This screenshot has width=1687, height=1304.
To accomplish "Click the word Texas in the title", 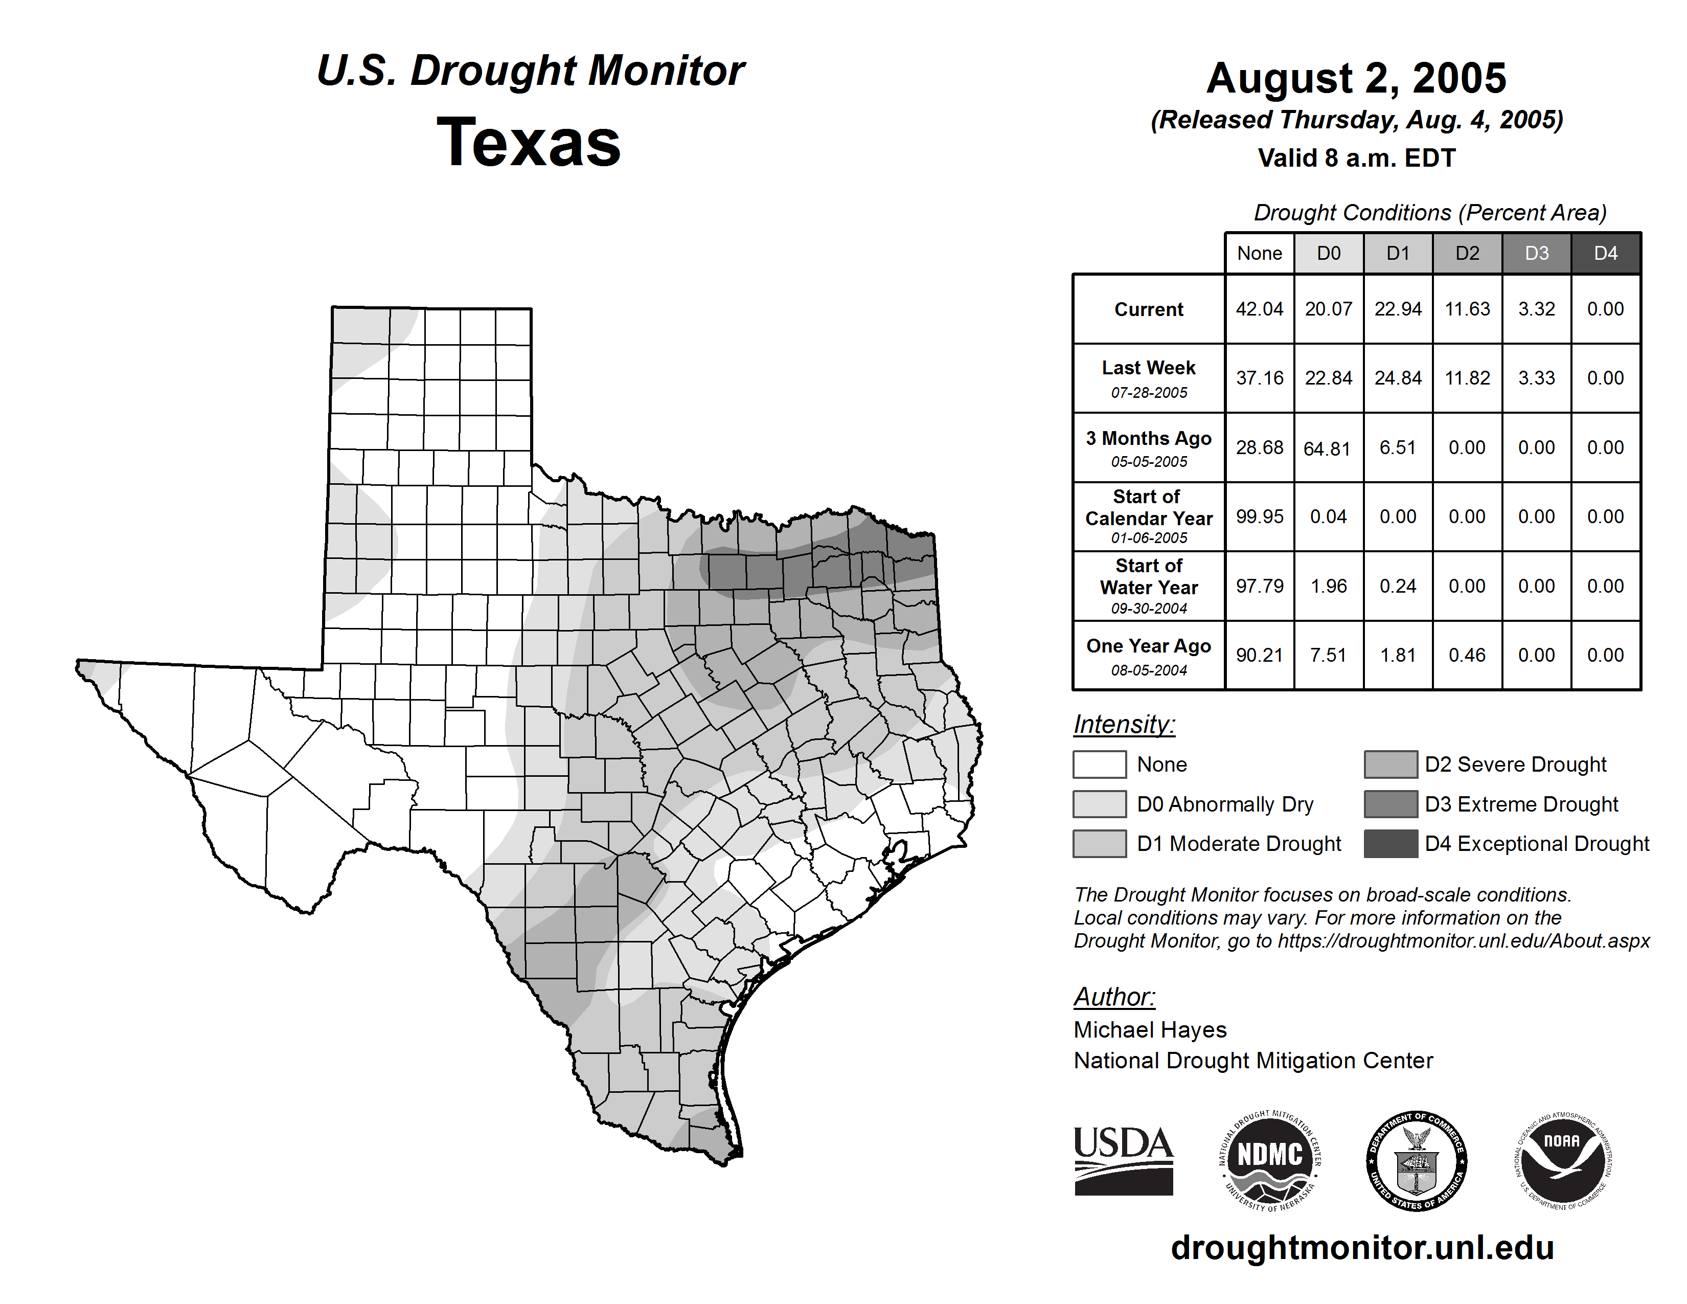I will pyautogui.click(x=529, y=142).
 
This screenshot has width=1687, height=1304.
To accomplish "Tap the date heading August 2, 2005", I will pyautogui.click(x=1356, y=78).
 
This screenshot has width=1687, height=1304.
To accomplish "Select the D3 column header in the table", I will pyautogui.click(x=1536, y=253).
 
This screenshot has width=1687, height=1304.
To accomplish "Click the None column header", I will pyautogui.click(x=1259, y=253).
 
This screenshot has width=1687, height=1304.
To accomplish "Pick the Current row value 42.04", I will pyautogui.click(x=1259, y=309).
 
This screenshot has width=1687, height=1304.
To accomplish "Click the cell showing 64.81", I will pyautogui.click(x=1328, y=448).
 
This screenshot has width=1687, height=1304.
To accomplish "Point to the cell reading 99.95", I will pyautogui.click(x=1259, y=517).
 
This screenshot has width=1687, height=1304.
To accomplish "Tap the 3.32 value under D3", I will pyautogui.click(x=1536, y=309).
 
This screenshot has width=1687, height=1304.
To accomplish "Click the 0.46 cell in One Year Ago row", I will pyautogui.click(x=1467, y=655).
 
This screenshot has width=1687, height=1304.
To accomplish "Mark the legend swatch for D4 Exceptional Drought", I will pyautogui.click(x=1390, y=844).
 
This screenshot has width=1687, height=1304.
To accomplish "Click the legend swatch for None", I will pyautogui.click(x=1099, y=764).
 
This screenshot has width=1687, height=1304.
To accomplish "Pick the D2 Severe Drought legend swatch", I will pyautogui.click(x=1390, y=764).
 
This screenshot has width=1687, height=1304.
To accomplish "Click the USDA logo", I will pyautogui.click(x=1123, y=1160).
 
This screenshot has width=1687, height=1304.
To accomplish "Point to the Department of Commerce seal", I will pyautogui.click(x=1416, y=1160).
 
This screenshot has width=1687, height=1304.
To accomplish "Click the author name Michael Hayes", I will pyautogui.click(x=1149, y=1030).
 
